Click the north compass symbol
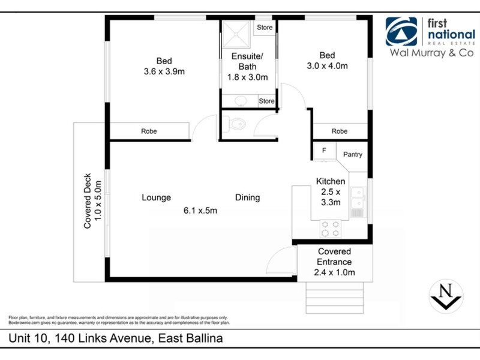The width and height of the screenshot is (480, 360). [x=445, y=296]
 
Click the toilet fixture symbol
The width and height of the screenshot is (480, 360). [x=236, y=125]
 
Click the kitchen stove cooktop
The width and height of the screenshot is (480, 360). [x=330, y=229]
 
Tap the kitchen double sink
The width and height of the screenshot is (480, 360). [x=358, y=199]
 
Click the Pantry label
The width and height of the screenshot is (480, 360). [x=352, y=154]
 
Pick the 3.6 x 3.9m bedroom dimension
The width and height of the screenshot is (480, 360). [x=164, y=71]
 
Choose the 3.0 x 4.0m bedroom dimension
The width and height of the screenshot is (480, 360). [x=327, y=66]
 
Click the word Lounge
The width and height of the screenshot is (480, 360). [x=156, y=197]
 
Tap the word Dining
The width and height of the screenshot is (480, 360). [x=247, y=197]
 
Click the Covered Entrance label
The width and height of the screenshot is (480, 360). [x=334, y=257]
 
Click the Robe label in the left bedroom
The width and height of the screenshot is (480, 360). [x=149, y=131]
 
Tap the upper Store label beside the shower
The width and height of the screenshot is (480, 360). [x=265, y=28]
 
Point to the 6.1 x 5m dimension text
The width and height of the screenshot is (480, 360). [x=200, y=210]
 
